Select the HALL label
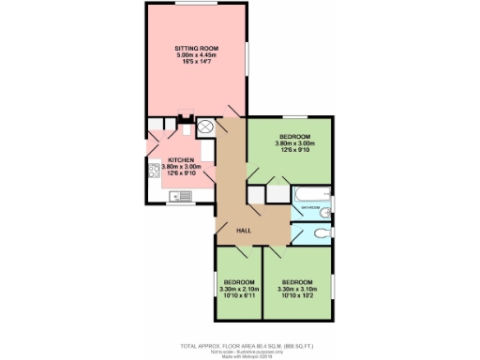tap(243, 231)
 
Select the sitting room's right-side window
tap(247, 66)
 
